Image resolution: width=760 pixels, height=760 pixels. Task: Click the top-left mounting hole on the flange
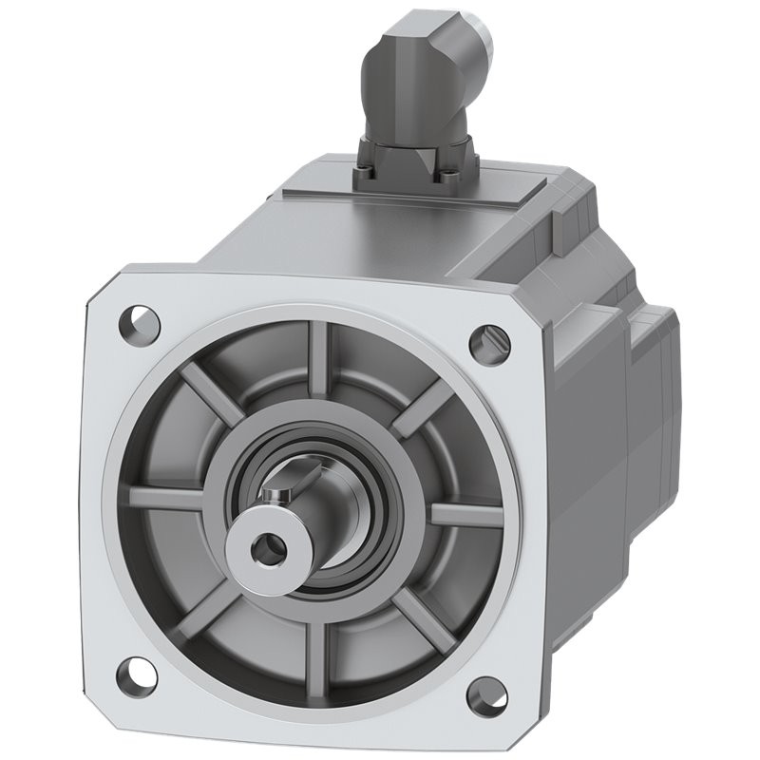(x=139, y=319)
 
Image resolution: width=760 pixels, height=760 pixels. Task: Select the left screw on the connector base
(x=369, y=173)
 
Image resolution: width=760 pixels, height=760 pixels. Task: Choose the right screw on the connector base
(x=449, y=177)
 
